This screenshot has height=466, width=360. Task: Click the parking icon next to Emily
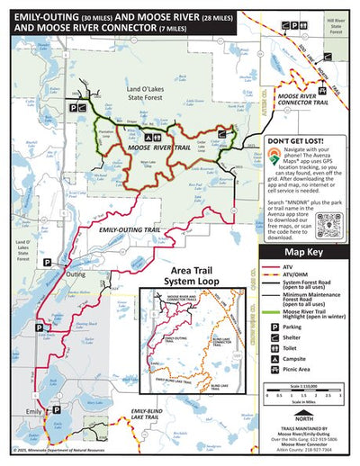coord(58,409)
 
